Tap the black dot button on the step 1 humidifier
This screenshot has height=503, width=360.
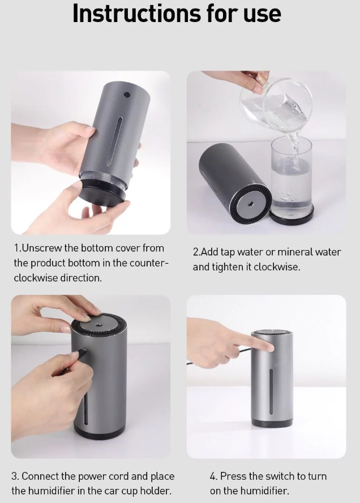127,95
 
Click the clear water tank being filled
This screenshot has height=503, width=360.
292,177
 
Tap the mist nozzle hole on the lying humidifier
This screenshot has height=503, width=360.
249,204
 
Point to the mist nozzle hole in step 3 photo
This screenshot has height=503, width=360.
97,325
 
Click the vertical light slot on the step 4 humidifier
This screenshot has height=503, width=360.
271,392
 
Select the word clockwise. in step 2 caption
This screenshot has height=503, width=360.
277,267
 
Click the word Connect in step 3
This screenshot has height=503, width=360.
40,476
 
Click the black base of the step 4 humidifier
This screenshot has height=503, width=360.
272,423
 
